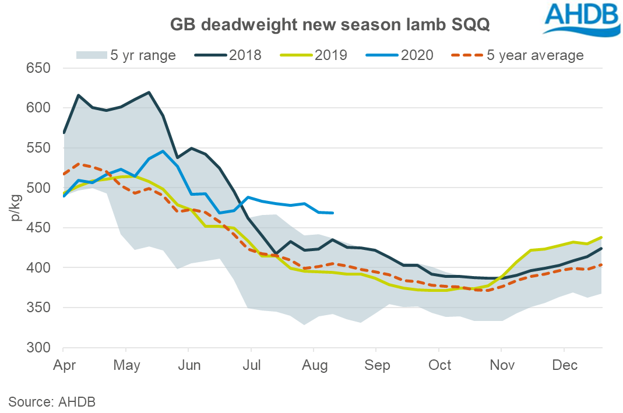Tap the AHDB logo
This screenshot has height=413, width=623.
tap(579, 17)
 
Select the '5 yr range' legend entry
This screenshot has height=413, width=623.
tap(125, 55)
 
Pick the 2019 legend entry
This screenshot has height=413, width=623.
tap(315, 55)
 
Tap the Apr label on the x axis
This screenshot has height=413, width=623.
tap(62, 366)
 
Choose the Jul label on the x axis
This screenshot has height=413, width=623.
tap(251, 366)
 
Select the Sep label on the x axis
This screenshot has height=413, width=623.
tap(377, 366)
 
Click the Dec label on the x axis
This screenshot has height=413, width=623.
tap(565, 366)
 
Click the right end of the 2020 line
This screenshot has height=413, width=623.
tap(333, 213)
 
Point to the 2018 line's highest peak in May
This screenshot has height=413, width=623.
tap(149, 92)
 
